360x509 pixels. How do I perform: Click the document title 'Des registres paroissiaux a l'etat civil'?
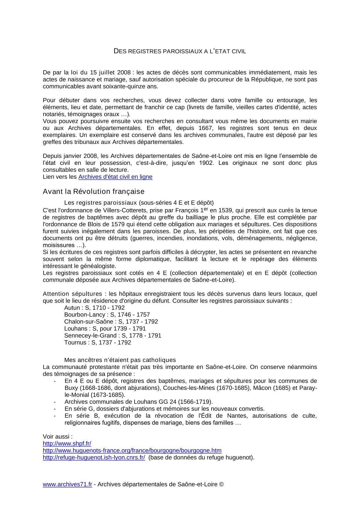[180, 51]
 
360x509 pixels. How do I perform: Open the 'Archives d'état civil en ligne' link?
[115, 177]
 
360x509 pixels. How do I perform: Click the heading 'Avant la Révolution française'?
[93, 192]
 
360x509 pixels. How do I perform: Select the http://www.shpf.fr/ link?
[67, 443]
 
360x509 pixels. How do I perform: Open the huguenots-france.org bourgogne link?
[132, 450]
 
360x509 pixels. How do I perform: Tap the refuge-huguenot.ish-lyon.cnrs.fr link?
[94, 457]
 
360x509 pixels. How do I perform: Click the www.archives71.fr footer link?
[67, 484]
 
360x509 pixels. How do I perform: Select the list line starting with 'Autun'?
[94, 308]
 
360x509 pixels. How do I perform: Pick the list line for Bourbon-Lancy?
[107, 315]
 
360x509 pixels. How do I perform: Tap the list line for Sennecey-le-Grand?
[113, 336]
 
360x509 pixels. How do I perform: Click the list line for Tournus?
[98, 343]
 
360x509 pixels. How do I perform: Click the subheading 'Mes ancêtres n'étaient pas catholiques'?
[120, 360]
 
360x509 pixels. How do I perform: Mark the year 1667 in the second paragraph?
[205, 128]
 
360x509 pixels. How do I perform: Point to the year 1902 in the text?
[206, 163]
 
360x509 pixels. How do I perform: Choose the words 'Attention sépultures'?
[72, 294]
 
